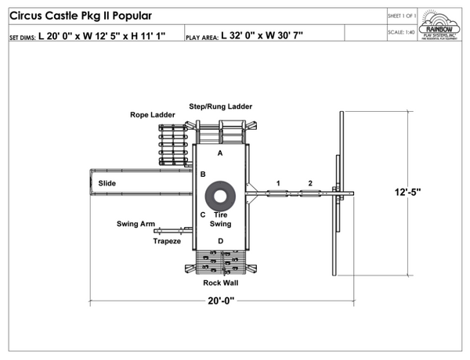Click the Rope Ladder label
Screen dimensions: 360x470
[152, 115]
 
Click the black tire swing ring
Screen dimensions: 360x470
[220, 195]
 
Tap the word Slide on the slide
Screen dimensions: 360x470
[107, 183]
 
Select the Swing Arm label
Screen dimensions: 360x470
[136, 224]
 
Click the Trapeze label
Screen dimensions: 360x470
[167, 241]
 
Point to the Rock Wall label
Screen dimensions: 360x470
[220, 283]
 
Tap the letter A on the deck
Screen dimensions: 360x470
[220, 153]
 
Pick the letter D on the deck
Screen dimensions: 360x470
[220, 240]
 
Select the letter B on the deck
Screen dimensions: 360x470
[203, 174]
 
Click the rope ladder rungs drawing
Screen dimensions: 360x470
[172, 146]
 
